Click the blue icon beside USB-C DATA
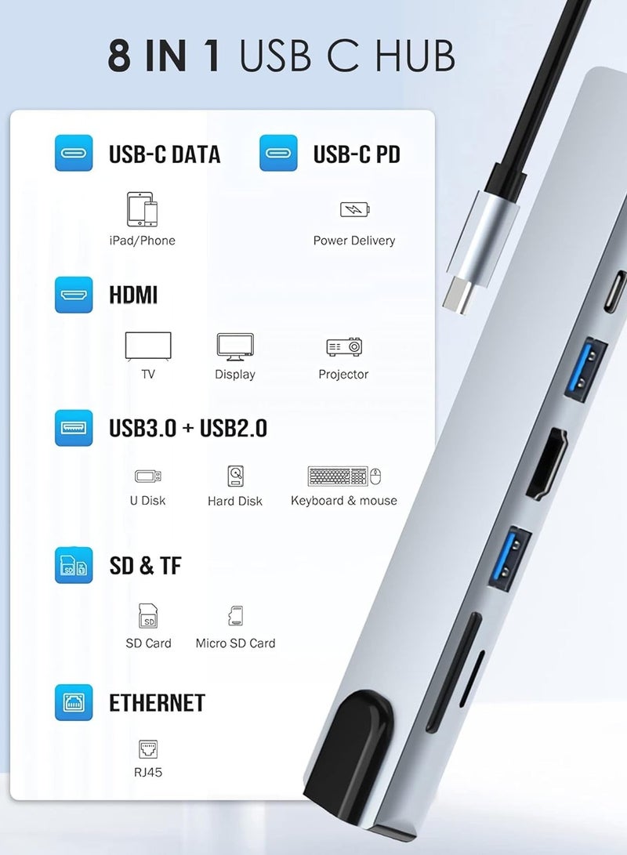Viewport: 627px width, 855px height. coord(74,154)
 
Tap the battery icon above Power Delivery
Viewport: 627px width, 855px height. coord(354,209)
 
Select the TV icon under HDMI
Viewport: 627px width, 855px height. coord(148,346)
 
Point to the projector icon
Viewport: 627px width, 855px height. coord(343,346)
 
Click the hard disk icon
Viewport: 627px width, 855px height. coord(235,476)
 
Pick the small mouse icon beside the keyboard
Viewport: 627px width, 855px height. coord(375,476)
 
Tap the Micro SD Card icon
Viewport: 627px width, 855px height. coord(235,615)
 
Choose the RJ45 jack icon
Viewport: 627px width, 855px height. coord(148,748)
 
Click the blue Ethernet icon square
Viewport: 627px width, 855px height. coord(74,702)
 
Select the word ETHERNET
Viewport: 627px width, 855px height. coord(157,703)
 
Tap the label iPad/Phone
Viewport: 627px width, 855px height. coord(142,241)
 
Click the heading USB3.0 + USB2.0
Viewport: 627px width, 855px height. coord(188,428)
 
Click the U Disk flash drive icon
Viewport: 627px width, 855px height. coord(148,476)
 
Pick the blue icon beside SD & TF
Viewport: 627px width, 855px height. coord(74,565)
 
